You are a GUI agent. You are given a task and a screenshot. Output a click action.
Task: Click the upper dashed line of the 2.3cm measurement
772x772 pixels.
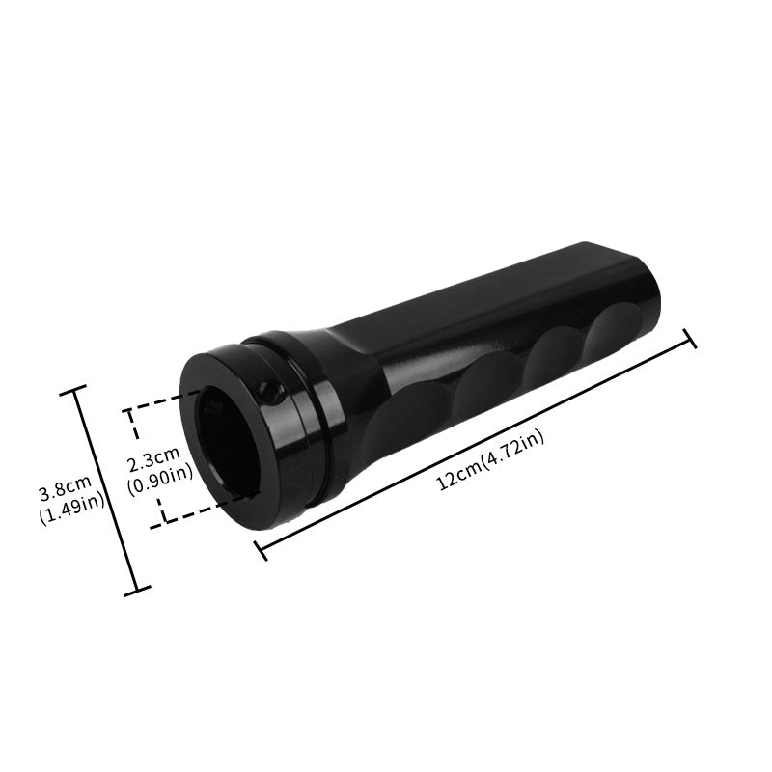click(x=164, y=402)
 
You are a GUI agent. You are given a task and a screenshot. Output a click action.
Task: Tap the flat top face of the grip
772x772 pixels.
click(x=502, y=289)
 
